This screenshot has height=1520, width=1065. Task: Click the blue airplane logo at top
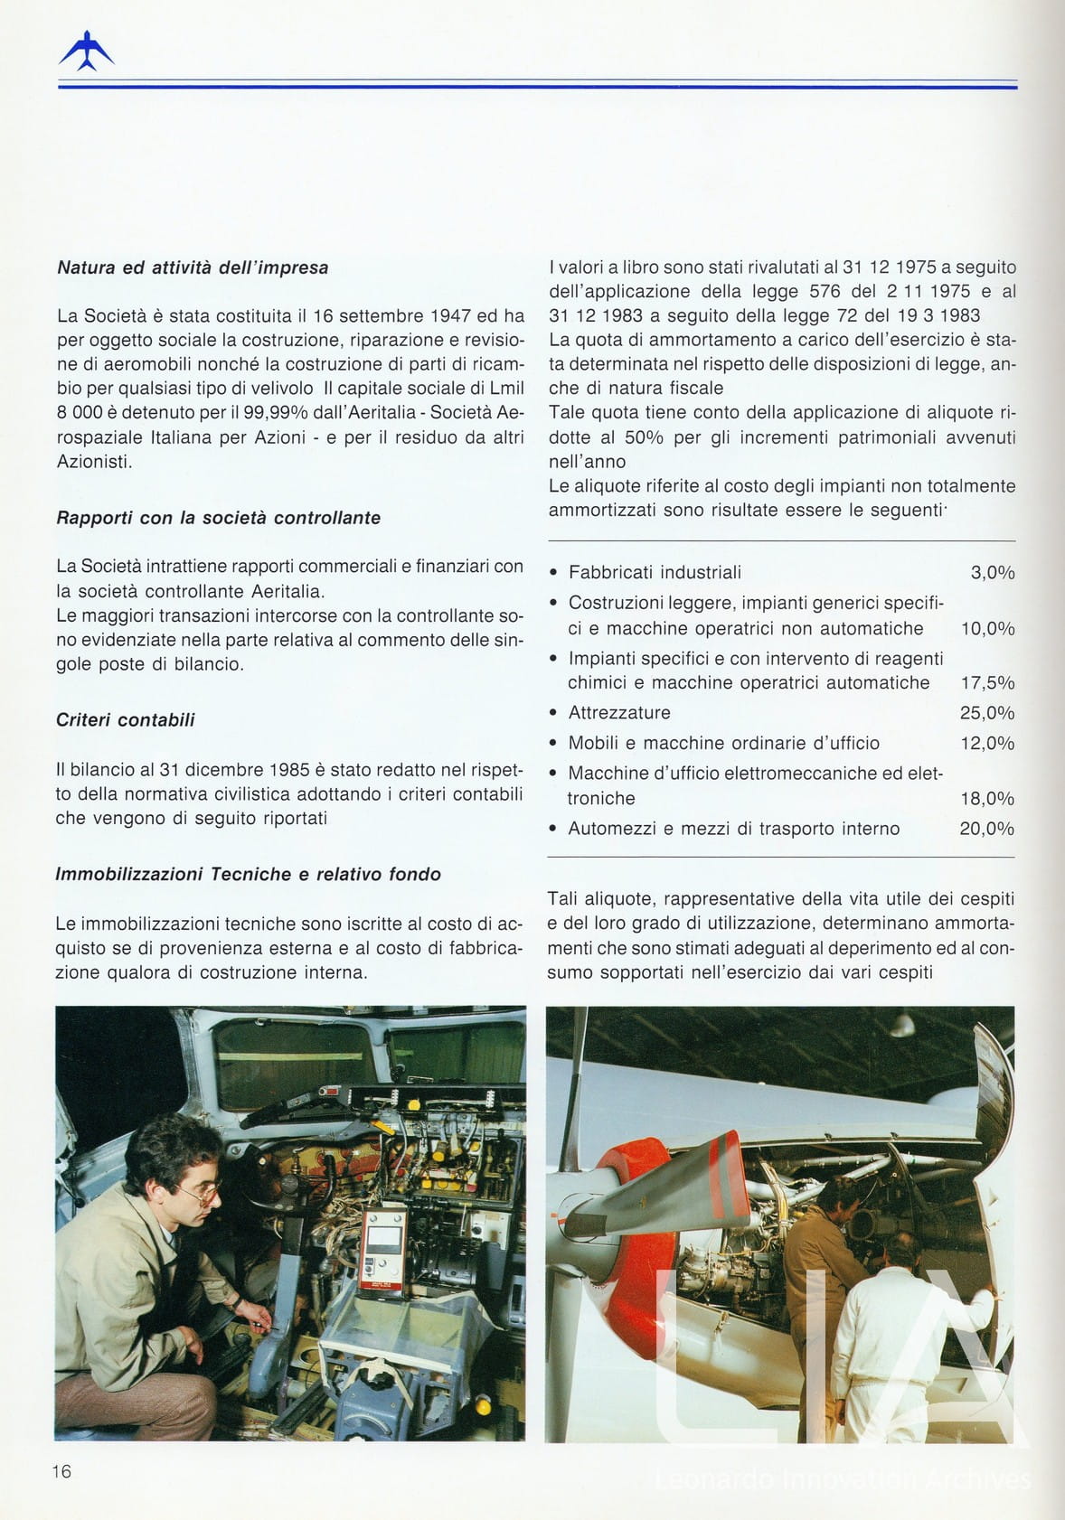coord(86,52)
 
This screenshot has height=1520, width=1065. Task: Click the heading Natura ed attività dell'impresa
coord(193,267)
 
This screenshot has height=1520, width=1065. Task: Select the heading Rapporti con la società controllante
coord(218,518)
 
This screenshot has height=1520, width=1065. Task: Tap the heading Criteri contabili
coord(125,720)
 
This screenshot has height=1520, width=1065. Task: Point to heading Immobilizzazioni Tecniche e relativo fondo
coord(248,874)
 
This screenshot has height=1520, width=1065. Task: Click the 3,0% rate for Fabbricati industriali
coord(992,572)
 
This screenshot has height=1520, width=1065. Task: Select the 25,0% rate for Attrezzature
coord(986,712)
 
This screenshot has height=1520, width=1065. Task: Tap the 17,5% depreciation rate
coord(986,682)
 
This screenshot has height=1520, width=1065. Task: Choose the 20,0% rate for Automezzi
coord(986,828)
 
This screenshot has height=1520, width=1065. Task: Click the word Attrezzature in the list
coord(619,712)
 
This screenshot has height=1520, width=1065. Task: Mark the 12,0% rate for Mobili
coord(986,743)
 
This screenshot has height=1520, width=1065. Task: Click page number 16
coord(61,1471)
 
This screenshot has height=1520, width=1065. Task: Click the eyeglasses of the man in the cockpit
coord(201,1192)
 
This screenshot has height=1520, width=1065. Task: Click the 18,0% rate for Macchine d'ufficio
coord(986,798)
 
